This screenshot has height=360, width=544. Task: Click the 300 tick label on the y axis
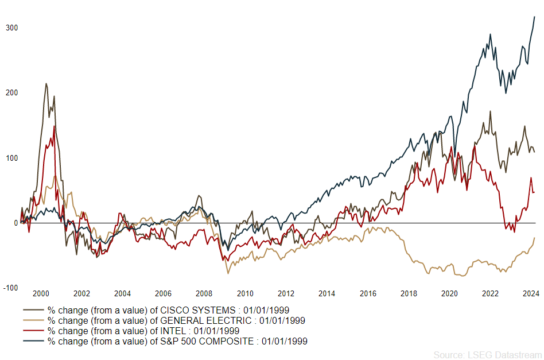click(x=11, y=28)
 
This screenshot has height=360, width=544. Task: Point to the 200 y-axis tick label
click(x=11, y=92)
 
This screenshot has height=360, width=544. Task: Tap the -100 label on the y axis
click(x=10, y=288)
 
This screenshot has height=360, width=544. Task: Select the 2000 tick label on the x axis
click(x=40, y=293)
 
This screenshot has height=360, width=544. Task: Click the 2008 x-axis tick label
click(x=204, y=293)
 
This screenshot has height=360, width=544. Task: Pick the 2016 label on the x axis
click(x=367, y=293)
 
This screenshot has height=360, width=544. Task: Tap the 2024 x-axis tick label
click(x=531, y=293)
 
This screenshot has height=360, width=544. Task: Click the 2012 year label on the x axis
click(x=286, y=293)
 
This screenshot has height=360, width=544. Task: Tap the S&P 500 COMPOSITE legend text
click(x=177, y=341)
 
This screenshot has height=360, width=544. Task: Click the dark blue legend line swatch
click(x=33, y=341)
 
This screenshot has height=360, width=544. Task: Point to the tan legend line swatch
click(x=33, y=320)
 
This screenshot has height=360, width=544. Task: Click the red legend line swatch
click(x=33, y=331)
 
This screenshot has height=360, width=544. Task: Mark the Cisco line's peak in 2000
click(x=46, y=83)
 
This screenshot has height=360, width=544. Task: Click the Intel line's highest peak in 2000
click(x=55, y=126)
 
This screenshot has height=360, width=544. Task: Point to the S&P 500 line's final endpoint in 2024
click(x=534, y=17)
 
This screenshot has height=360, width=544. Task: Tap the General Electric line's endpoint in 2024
click(x=534, y=237)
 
